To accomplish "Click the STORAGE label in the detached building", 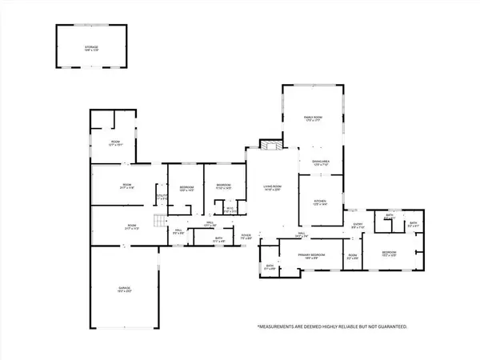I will coord(93,47).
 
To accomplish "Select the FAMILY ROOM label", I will coord(312,118).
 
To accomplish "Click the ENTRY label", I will coord(358,226).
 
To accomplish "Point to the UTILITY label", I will coord(162,195).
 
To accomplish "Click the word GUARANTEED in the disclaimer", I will coord(387,327).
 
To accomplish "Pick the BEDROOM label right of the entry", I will coord(390,253).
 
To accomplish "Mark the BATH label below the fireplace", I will coord(270,266).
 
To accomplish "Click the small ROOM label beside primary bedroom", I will coord(352,256).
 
